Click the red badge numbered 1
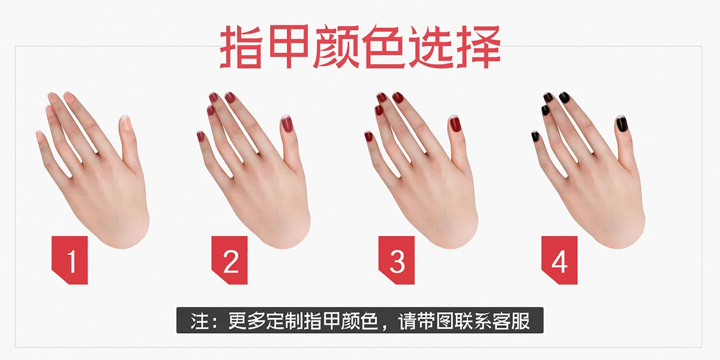coord(70,260)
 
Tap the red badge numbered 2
coord(229,260)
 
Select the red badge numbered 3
coord(397,260)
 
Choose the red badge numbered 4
coord(559,260)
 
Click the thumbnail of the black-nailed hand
coord(622,124)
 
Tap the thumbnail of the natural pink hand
coord(126,124)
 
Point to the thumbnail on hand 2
coord(286,124)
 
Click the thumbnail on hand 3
coord(455,124)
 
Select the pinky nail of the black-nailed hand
coord(535,136)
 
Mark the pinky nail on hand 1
coord(40,136)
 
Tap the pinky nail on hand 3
coord(368,136)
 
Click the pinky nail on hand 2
coord(201,136)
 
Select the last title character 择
coord(479,47)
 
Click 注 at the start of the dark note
coord(200,321)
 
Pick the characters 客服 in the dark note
coord(511,321)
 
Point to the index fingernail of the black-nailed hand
coord(565,97)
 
